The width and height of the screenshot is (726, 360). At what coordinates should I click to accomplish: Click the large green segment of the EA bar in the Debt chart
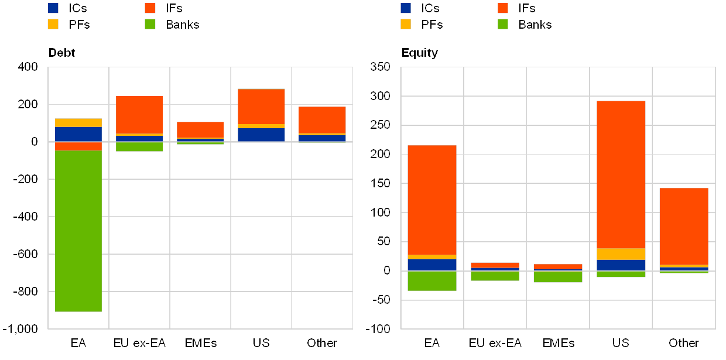tap(78, 231)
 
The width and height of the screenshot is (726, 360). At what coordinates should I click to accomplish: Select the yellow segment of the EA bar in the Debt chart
tap(78, 122)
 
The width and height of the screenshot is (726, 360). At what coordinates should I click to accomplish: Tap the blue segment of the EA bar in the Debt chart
tap(78, 134)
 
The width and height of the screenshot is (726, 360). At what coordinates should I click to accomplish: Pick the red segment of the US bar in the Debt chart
tap(261, 106)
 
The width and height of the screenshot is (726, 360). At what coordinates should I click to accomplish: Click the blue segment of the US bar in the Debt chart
tap(261, 135)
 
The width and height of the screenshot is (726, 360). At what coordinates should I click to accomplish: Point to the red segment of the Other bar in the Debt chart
tap(322, 120)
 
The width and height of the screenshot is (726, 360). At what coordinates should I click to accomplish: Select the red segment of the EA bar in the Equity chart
tap(432, 200)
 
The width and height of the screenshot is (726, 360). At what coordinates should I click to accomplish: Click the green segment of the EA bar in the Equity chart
tap(432, 280)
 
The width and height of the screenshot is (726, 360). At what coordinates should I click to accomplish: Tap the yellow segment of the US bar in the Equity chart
tap(621, 254)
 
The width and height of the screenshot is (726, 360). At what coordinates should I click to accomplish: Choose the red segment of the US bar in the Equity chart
tap(621, 174)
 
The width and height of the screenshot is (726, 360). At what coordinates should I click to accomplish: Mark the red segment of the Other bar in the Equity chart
tap(684, 226)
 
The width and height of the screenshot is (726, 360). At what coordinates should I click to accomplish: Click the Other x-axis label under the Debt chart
tap(322, 343)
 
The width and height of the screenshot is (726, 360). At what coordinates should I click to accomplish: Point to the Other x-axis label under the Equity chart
tap(684, 343)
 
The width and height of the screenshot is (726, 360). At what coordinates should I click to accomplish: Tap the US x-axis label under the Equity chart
tap(621, 343)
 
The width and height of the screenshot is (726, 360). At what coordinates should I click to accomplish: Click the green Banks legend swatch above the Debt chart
tap(150, 24)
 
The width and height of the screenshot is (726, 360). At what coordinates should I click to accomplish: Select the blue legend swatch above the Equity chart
tap(406, 8)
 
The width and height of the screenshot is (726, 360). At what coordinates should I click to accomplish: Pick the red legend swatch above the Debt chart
tap(150, 8)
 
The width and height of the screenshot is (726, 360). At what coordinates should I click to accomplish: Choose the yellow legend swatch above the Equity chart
tap(406, 24)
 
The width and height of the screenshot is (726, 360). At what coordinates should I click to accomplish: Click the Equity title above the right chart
tap(423, 54)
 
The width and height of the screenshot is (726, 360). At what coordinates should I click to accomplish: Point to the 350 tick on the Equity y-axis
tap(380, 67)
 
